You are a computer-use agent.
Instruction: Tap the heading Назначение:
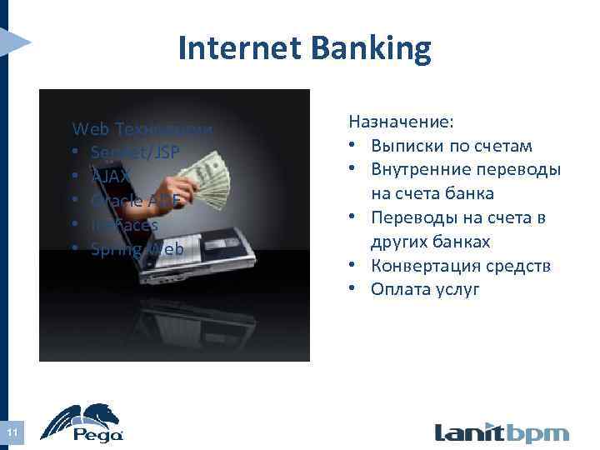click(x=401, y=122)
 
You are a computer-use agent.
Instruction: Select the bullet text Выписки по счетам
click(x=452, y=147)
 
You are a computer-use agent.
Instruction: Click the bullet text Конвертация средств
click(x=461, y=266)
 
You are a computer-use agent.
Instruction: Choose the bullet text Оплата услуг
click(x=425, y=290)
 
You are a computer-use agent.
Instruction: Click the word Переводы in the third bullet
click(x=410, y=218)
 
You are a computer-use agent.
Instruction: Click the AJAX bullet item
click(x=112, y=177)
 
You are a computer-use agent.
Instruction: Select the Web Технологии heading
click(x=142, y=129)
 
